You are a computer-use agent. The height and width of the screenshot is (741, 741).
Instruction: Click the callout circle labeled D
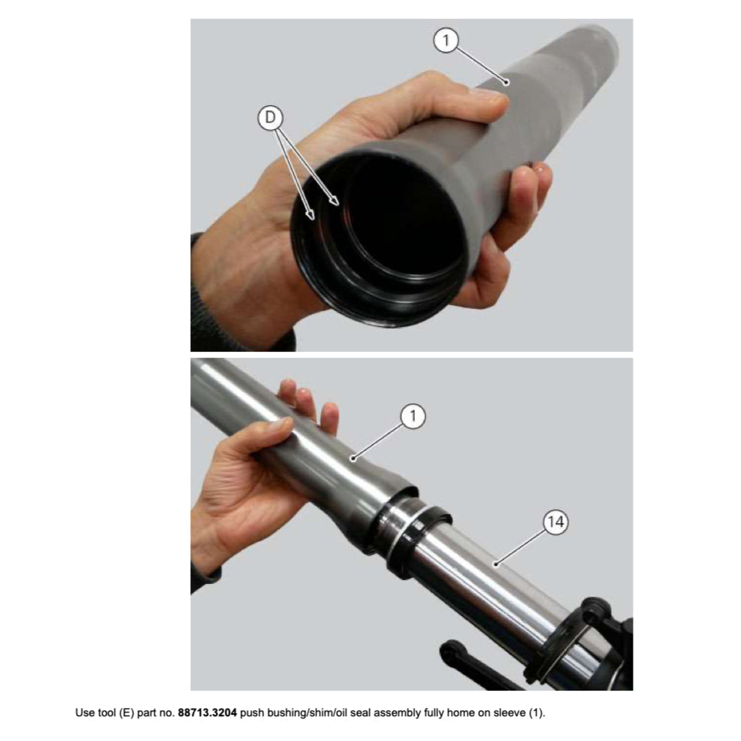click(271, 118)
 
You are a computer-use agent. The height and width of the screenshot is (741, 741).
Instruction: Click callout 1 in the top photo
click(446, 41)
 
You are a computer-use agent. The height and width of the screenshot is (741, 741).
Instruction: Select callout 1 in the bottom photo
click(413, 416)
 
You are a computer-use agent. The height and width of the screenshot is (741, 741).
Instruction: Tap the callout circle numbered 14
click(555, 522)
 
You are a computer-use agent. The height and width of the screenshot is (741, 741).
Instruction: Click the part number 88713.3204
click(207, 712)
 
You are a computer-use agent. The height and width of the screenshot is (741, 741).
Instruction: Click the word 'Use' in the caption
click(85, 712)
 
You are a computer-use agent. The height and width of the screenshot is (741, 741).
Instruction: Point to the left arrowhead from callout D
click(310, 216)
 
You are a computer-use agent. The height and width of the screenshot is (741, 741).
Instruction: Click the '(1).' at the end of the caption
click(536, 713)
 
